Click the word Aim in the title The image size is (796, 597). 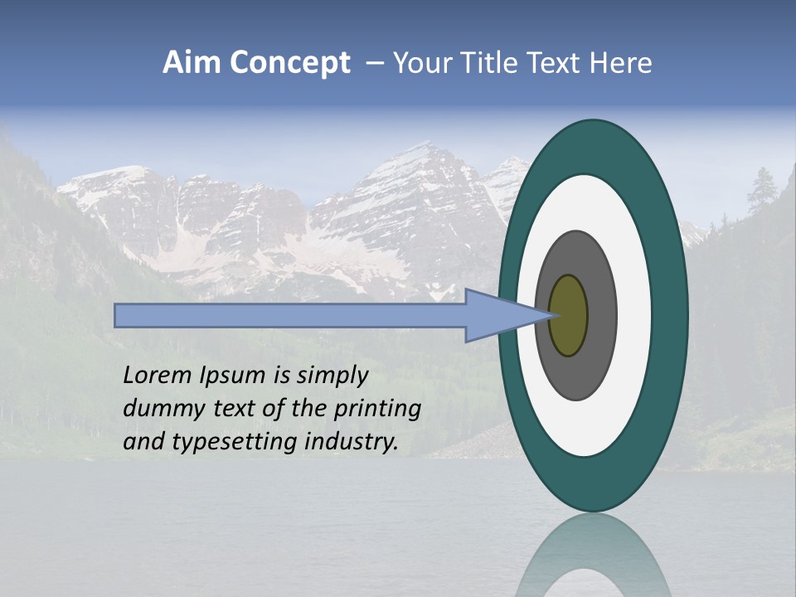click(x=191, y=63)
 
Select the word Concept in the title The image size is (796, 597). click(x=290, y=64)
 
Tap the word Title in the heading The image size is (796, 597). click(x=487, y=63)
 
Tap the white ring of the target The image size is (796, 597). click(x=634, y=316)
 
